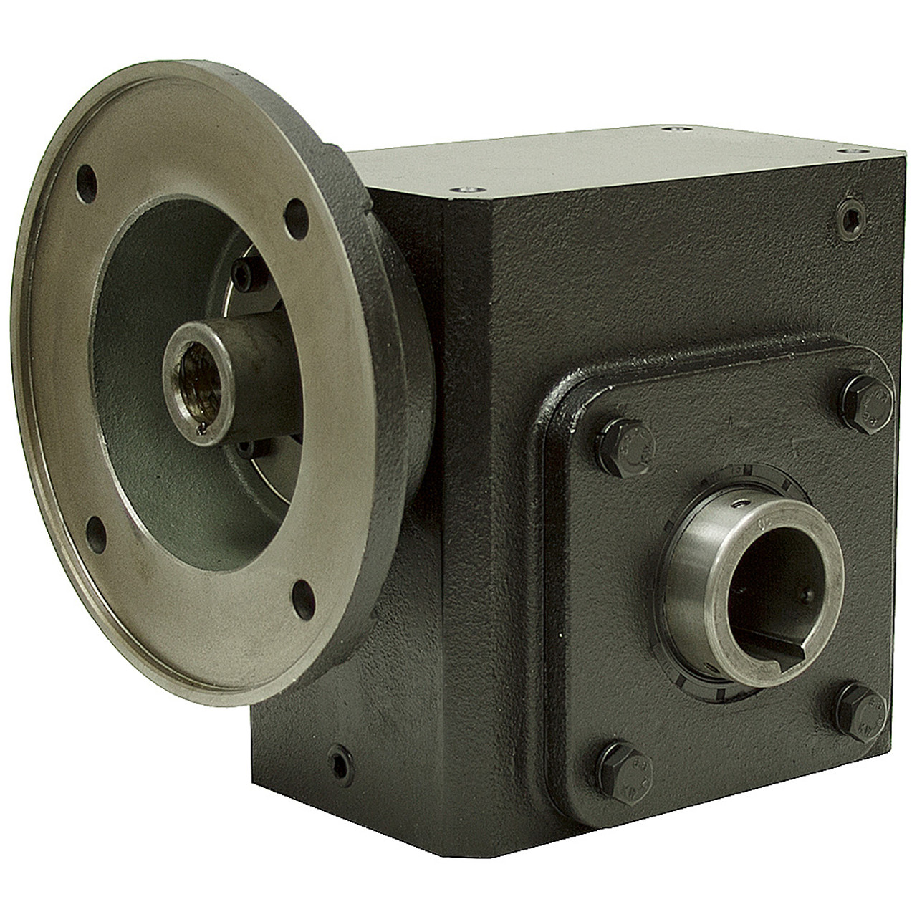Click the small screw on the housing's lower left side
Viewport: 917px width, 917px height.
click(339, 754)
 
